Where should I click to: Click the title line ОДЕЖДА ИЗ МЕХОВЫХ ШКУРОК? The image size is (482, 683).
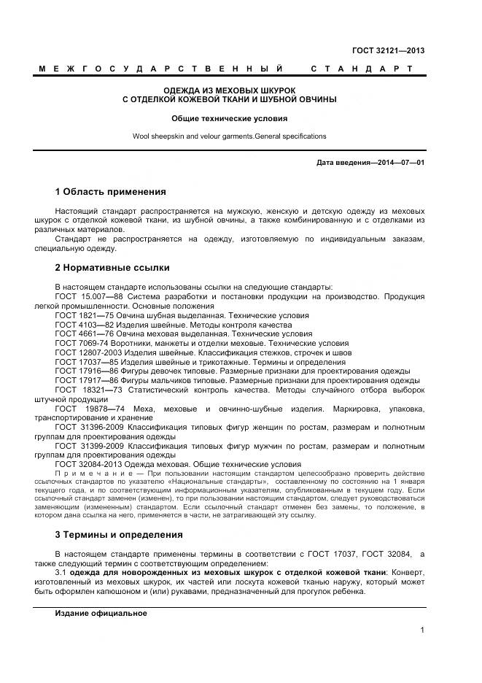229,90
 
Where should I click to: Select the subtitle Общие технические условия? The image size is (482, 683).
229,117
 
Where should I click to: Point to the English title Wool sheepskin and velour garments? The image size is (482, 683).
229,136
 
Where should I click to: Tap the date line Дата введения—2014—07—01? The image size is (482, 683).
370,162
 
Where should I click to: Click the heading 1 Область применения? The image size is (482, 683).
110,192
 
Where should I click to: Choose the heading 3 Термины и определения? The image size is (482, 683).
119,534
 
